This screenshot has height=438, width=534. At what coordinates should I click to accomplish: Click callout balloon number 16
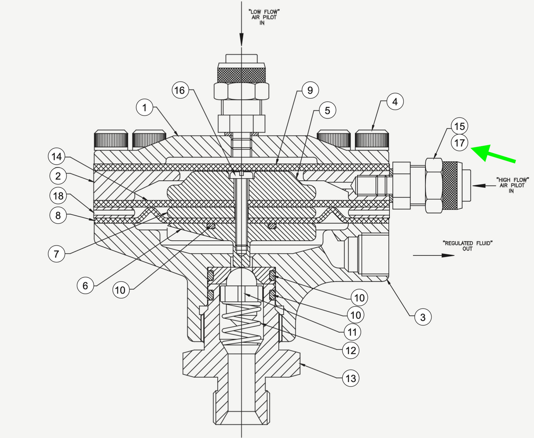179,90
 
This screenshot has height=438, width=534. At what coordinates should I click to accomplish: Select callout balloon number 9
310,90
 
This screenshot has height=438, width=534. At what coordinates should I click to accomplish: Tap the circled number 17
459,143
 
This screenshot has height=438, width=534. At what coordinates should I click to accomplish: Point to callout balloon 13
351,378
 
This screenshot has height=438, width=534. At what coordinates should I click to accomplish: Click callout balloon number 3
423,317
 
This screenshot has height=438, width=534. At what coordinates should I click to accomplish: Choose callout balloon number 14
57,156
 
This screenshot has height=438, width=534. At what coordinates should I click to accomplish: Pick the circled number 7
57,254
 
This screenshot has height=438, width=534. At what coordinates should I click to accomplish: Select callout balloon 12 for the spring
351,350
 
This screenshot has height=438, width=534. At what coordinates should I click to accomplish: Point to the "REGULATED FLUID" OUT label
467,246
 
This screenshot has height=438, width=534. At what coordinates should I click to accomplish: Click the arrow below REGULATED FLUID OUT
433,255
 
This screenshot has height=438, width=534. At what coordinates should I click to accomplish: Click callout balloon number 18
58,196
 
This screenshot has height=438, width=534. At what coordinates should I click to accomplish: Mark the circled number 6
85,286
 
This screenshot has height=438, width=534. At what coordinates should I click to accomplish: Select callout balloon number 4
395,102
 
